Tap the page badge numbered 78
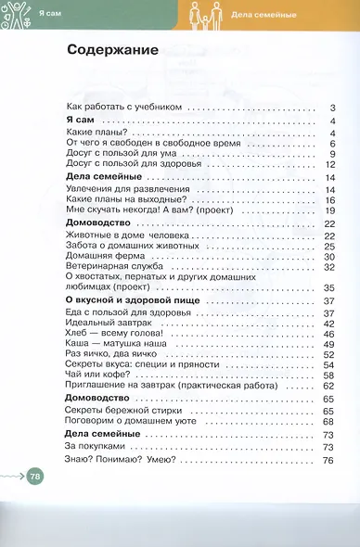tap(35, 477)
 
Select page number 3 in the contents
tap(331, 108)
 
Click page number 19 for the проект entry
tap(328, 210)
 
